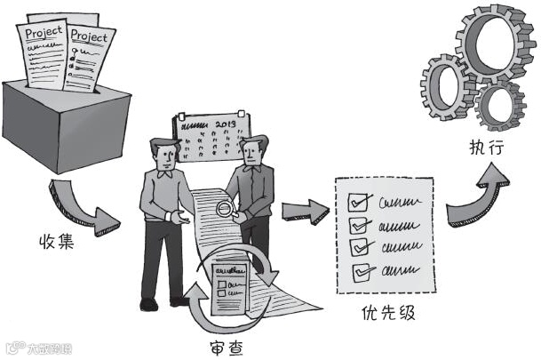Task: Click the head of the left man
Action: click(164, 152)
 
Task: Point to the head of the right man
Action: click(255, 151)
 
